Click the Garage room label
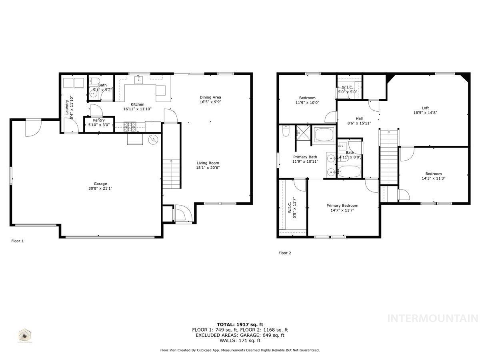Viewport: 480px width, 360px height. point(100,184)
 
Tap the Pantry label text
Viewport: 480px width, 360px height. point(98,120)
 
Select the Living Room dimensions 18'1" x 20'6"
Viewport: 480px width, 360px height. point(208,168)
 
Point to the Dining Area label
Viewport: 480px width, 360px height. point(210,97)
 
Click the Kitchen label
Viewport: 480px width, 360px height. point(137,104)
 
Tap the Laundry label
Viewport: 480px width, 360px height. point(67,107)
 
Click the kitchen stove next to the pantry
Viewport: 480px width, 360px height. point(130,127)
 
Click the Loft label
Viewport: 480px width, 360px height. point(425,108)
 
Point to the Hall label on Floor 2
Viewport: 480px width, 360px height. point(359,118)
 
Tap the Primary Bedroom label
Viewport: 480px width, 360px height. point(342,206)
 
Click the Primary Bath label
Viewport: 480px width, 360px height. point(305,157)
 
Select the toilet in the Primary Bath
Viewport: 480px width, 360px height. point(286,131)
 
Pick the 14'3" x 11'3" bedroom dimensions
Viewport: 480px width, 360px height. point(433,178)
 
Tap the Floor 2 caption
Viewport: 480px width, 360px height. point(285,253)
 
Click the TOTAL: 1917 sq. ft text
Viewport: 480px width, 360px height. point(240,324)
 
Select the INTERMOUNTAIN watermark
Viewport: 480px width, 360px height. point(433,318)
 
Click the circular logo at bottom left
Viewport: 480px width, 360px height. point(26,335)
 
